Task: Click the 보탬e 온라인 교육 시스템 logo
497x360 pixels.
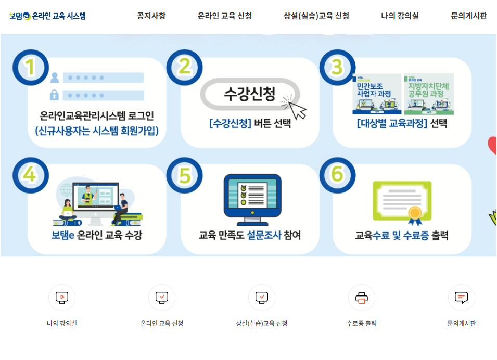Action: (x=47, y=16)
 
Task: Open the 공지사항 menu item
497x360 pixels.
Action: (x=151, y=16)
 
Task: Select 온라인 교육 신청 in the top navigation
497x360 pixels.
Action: (x=225, y=16)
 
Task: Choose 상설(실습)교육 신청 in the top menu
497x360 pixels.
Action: (x=316, y=16)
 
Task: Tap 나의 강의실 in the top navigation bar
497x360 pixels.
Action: (x=400, y=16)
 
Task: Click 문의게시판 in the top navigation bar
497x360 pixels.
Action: (x=469, y=16)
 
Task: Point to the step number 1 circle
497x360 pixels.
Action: (x=30, y=67)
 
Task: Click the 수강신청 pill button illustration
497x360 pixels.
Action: (x=249, y=94)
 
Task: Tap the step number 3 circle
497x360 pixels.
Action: (x=337, y=67)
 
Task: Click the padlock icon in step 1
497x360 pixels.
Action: (x=54, y=95)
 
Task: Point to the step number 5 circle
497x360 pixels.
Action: (x=184, y=175)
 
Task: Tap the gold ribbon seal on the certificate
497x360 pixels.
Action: (x=414, y=212)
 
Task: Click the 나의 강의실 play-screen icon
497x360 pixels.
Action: (x=62, y=298)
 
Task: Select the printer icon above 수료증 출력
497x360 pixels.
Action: (x=362, y=298)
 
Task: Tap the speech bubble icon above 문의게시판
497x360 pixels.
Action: (x=461, y=298)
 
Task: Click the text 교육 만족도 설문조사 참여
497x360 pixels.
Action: (x=250, y=235)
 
